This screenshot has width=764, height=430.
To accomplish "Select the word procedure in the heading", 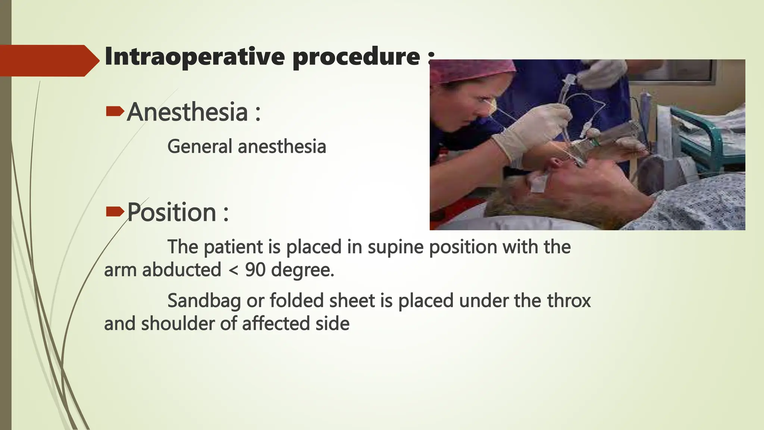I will click(x=356, y=57).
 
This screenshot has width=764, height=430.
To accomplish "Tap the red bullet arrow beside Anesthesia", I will click(x=115, y=111).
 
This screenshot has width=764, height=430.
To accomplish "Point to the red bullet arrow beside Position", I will click(x=115, y=212).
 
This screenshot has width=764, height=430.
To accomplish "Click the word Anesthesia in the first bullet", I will click(x=187, y=112).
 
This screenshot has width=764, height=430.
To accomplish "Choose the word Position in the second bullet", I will click(x=172, y=212).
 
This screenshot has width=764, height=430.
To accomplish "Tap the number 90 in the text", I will click(x=255, y=270).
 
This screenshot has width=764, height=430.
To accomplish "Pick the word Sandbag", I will click(x=204, y=301).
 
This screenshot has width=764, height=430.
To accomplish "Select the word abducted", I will click(x=181, y=270).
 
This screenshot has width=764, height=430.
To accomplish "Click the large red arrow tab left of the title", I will click(x=48, y=60).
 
